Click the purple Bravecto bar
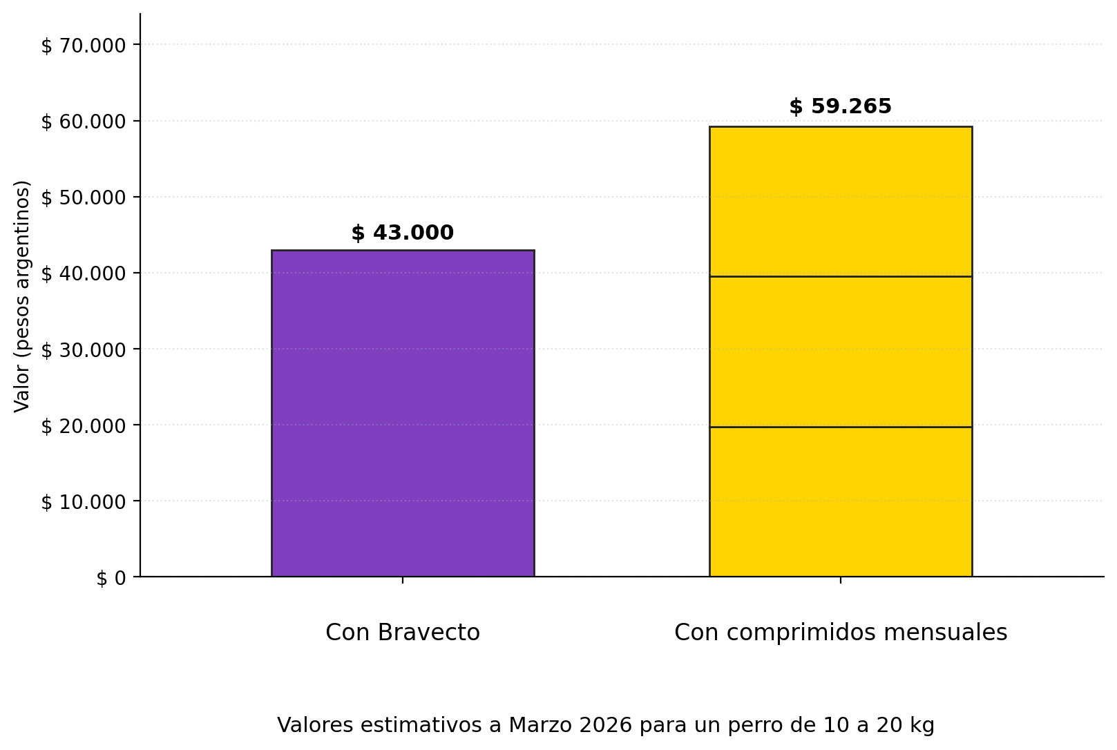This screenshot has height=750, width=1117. (x=403, y=413)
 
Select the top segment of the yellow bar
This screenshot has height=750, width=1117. (x=840, y=202)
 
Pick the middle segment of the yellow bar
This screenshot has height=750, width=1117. (x=840, y=352)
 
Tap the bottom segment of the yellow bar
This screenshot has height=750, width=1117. (x=840, y=501)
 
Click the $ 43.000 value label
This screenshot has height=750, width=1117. (x=403, y=233)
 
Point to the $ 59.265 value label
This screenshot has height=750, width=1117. (x=840, y=107)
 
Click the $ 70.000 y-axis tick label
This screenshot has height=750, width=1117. (x=84, y=46)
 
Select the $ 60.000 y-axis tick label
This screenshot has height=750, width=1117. (x=84, y=122)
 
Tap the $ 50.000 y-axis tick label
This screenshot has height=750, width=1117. (x=84, y=198)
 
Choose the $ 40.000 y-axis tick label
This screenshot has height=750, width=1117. (x=84, y=274)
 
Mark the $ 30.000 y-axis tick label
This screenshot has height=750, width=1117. (x=84, y=350)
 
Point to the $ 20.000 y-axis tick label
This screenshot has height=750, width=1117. (x=84, y=426)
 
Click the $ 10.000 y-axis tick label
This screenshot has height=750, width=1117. (x=84, y=502)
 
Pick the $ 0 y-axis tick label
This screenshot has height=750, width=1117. (x=111, y=578)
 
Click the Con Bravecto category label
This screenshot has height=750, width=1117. (x=403, y=633)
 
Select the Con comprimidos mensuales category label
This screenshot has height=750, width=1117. (x=840, y=633)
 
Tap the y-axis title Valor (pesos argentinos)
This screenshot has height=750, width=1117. (x=22, y=296)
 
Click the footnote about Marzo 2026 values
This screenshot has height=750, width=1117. (x=606, y=725)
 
